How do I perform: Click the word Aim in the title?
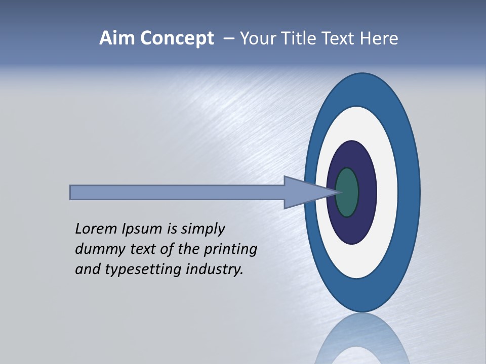(x=116, y=38)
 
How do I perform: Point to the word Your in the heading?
(x=258, y=38)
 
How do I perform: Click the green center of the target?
(x=347, y=193)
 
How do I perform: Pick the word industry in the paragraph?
(x=215, y=269)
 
